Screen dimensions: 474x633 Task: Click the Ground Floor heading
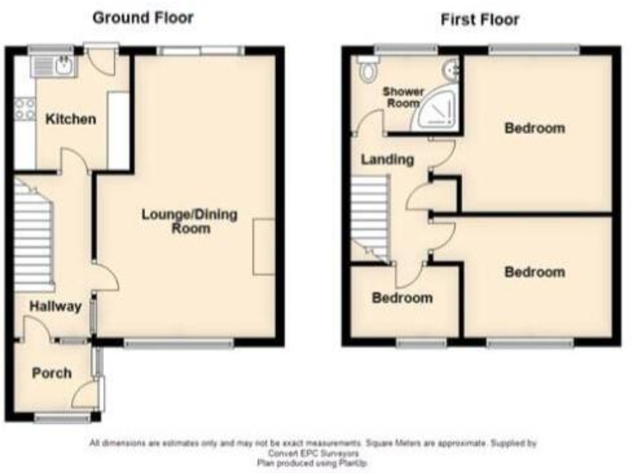click(143, 17)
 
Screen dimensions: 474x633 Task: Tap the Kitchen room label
click(70, 119)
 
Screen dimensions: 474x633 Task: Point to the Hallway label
click(55, 307)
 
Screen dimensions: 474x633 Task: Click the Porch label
click(51, 373)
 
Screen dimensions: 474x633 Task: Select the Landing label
click(387, 160)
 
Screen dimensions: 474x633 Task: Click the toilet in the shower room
click(365, 75)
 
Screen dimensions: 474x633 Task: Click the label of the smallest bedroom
click(401, 298)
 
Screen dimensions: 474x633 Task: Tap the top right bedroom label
click(535, 128)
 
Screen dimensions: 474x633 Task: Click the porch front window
click(62, 419)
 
